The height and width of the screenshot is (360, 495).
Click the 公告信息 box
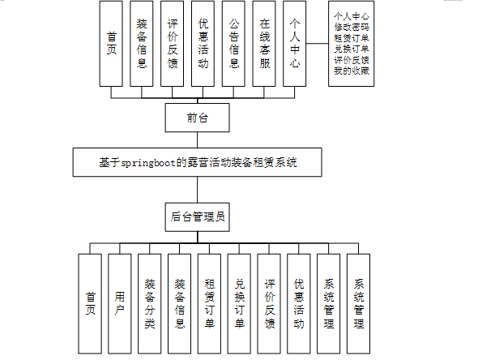click(235, 43)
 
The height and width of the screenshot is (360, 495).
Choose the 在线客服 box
click(265, 43)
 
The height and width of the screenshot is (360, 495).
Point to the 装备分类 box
click(151, 304)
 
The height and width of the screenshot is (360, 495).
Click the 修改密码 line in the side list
click(352, 28)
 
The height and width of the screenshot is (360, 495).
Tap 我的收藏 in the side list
click(352, 71)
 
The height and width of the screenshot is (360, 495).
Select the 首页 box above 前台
click(113, 43)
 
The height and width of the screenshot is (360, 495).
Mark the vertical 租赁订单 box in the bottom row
click(210, 304)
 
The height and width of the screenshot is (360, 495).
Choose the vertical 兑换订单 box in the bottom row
click(240, 304)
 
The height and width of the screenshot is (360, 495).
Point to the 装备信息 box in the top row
click(143, 43)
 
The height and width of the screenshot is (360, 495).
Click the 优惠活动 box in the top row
click(203, 43)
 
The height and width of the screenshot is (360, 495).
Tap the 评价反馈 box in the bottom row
click(270, 304)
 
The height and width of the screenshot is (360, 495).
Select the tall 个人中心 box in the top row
click(295, 43)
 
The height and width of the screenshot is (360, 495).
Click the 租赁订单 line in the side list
click(352, 38)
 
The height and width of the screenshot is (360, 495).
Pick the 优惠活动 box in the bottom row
click(299, 304)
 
